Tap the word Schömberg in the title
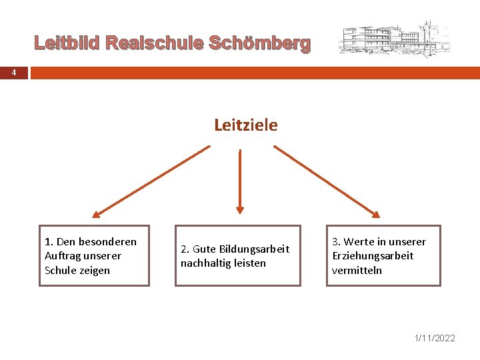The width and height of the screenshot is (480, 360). [260, 44]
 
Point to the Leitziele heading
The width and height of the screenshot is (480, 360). [245, 125]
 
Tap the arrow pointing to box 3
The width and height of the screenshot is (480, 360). [327, 182]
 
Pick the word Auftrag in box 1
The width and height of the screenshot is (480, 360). [63, 256]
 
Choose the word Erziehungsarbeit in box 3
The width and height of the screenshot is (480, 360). [373, 256]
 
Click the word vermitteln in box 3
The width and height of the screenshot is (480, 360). [357, 270]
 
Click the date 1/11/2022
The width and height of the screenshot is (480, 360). [435, 338]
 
